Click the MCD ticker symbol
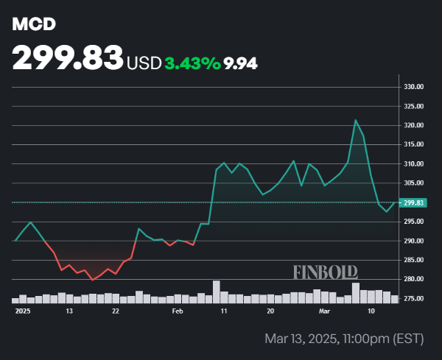coord(34,24)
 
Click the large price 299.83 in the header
coord(67,60)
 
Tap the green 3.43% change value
coord(192,63)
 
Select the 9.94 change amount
coord(241,63)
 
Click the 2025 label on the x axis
coord(22,311)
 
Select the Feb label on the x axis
coord(177,311)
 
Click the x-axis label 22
coord(116,311)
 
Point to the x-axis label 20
coord(272,311)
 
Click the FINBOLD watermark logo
coord(326,272)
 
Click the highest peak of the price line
coord(356,120)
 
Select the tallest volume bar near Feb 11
coord(217,292)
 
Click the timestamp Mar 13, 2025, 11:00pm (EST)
coord(343,339)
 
